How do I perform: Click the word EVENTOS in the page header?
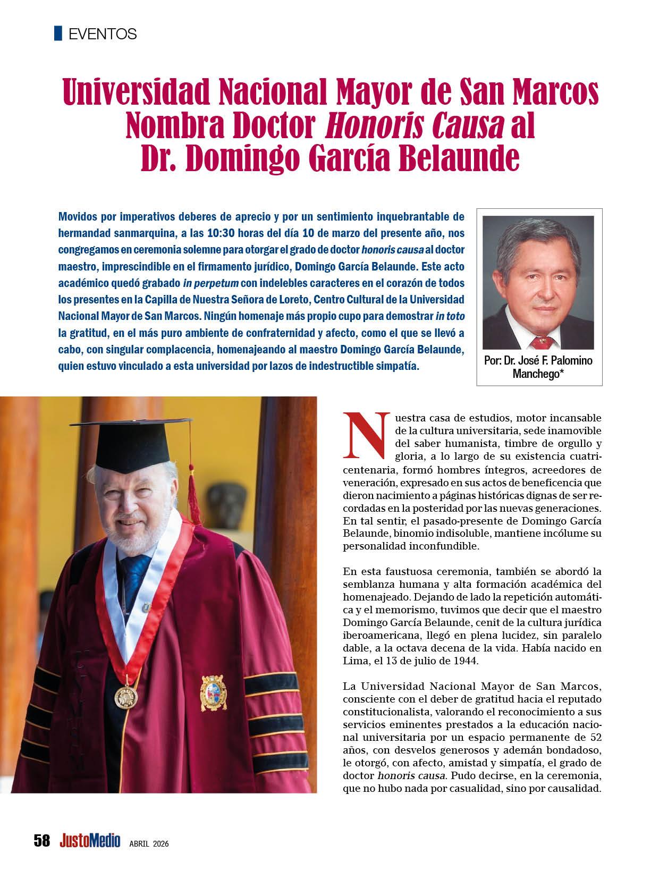pyautogui.click(x=103, y=34)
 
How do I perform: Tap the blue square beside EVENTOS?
pyautogui.click(x=58, y=33)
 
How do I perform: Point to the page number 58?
pyautogui.click(x=41, y=841)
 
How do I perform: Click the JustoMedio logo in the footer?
pyautogui.click(x=90, y=841)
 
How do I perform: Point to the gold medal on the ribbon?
pyautogui.click(x=125, y=695)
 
